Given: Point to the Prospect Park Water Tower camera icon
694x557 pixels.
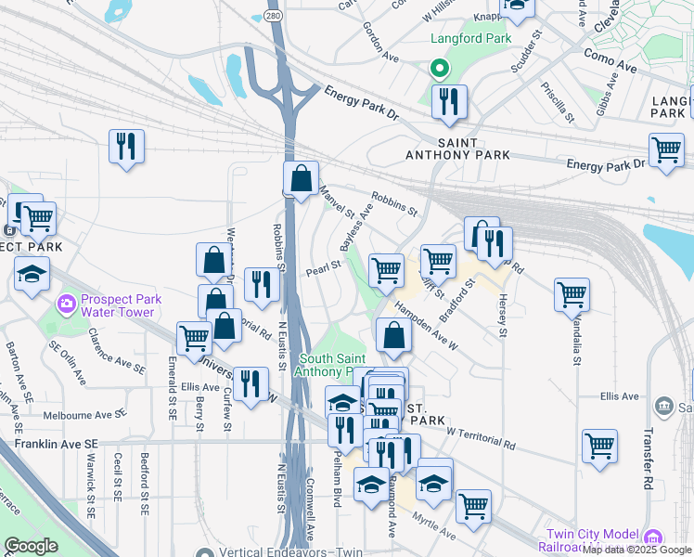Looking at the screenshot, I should point(65,304).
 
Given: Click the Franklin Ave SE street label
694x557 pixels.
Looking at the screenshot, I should point(61,444).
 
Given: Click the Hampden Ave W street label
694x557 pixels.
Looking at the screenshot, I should point(427,324).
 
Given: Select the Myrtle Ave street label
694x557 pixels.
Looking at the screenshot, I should point(434,526).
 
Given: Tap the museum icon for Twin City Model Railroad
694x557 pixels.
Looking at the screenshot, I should point(652,538).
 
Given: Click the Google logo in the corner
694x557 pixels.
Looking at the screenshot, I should point(31,546).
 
